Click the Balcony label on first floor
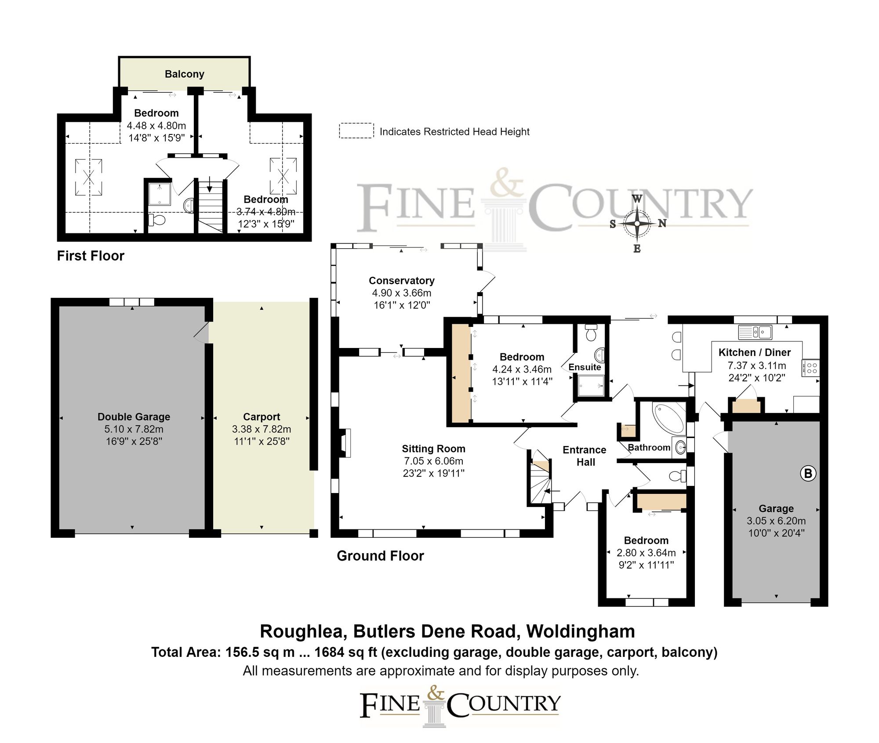(184, 74)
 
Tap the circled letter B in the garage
(808, 474)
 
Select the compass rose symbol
(637, 224)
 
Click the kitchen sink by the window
(755, 332)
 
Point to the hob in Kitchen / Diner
(811, 368)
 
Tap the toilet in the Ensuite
(591, 334)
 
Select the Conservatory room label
(401, 280)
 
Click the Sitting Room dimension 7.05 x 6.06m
(433, 461)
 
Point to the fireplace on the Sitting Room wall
(345, 443)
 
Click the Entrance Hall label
(585, 456)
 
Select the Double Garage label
(134, 417)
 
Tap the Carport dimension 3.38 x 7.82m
(261, 429)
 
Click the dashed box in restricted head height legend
(356, 131)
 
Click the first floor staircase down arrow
(210, 184)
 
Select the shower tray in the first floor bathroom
(159, 194)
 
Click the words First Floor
(91, 256)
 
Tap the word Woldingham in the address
(581, 631)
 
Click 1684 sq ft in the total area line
(345, 652)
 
